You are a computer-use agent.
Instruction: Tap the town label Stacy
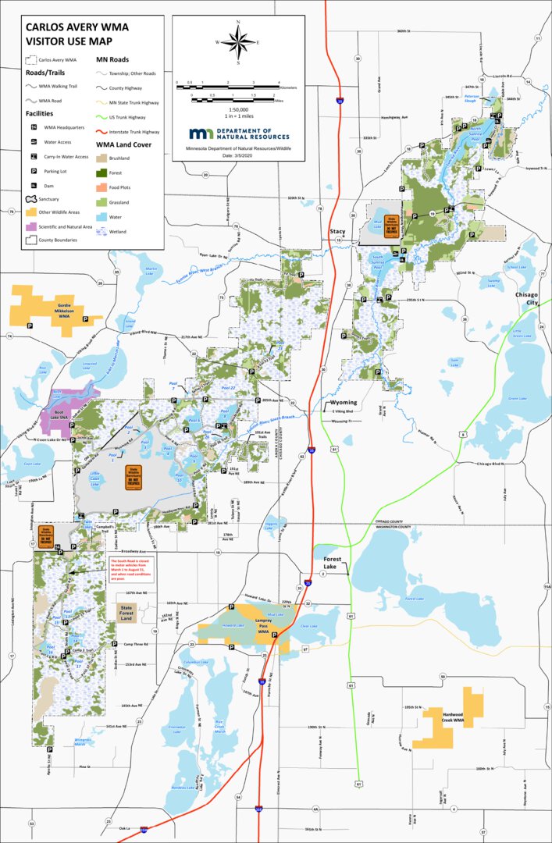pyautogui.click(x=337, y=232)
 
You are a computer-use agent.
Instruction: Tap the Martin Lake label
pyautogui.click(x=150, y=270)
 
